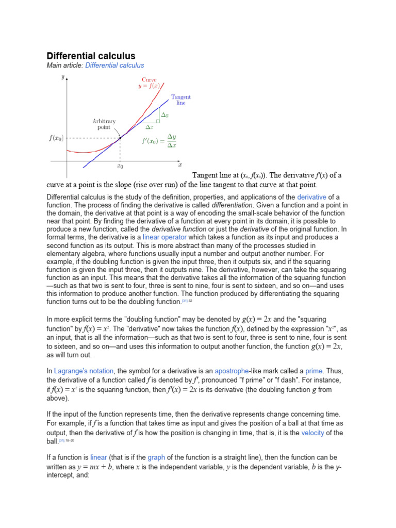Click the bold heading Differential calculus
pyautogui.click(x=91, y=55)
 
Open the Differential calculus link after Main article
pyautogui.click(x=114, y=65)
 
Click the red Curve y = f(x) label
pyautogui.click(x=149, y=83)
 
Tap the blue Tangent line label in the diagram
pyautogui.click(x=180, y=100)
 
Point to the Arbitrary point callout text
pyautogui.click(x=104, y=124)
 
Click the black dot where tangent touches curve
pyautogui.click(x=120, y=138)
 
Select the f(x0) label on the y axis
pyautogui.click(x=55, y=138)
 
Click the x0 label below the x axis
pyautogui.click(x=120, y=167)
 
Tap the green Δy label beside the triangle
pyautogui.click(x=164, y=115)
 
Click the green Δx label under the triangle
pyautogui.click(x=149, y=126)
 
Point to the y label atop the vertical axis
pyautogui.click(x=62, y=78)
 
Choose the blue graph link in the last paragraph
pyautogui.click(x=156, y=457)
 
